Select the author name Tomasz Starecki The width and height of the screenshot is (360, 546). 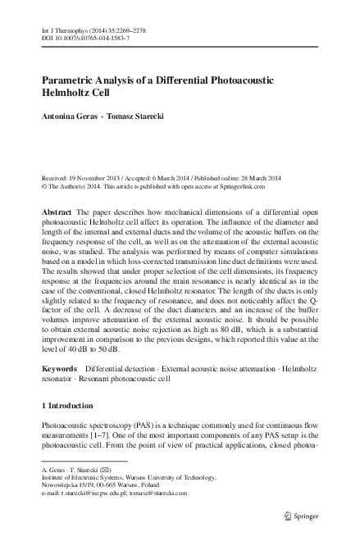(x=136, y=116)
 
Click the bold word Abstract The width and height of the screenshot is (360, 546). (x=56, y=212)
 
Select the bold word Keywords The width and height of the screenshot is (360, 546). (x=59, y=371)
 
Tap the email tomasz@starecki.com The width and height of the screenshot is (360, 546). (x=158, y=493)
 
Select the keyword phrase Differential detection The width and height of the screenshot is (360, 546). (x=120, y=371)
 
